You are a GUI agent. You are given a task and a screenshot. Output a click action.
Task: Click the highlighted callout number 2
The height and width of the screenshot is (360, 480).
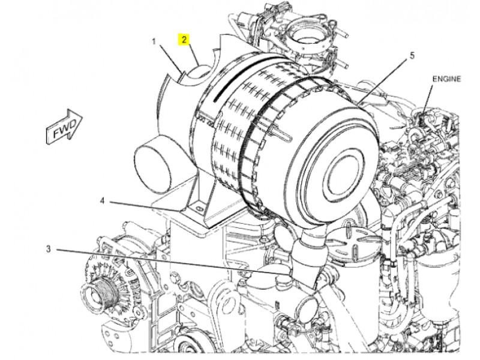coord(184,40)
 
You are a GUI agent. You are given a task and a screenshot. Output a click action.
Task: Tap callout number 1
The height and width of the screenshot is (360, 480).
coord(154,41)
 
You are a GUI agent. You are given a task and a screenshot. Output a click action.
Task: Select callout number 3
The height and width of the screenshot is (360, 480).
coord(48,249)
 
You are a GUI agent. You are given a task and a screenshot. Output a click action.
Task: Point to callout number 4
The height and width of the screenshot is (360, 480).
coord(102,201)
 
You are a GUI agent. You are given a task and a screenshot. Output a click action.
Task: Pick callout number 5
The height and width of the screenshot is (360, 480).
coord(412,55)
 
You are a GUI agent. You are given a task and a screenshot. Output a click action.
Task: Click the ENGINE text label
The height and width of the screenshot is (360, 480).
coord(446,79)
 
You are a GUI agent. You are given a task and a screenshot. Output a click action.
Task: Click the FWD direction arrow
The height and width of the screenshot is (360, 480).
coord(64,126)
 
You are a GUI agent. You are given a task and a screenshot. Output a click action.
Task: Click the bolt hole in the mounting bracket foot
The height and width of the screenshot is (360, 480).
coord(199,208)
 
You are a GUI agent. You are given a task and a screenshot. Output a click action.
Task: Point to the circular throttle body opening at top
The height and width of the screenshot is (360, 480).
coord(305,39)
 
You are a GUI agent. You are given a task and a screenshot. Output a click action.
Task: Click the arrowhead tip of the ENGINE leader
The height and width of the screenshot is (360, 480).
coord(424,117)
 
